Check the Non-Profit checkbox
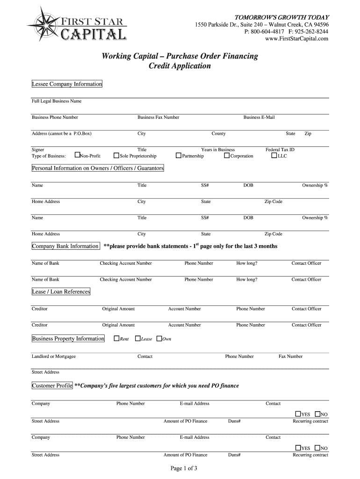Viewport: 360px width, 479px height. click(x=78, y=155)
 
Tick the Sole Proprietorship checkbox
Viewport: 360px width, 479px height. click(x=116, y=155)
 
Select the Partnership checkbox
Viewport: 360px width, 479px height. click(x=179, y=155)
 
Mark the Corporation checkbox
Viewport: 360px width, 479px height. click(x=227, y=155)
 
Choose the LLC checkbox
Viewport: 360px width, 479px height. click(x=274, y=155)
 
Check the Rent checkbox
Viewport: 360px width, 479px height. click(x=116, y=338)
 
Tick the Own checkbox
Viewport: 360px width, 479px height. click(x=159, y=338)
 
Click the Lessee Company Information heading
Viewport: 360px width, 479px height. click(x=66, y=84)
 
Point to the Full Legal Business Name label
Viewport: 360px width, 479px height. click(x=57, y=101)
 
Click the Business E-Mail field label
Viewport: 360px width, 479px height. click(x=259, y=117)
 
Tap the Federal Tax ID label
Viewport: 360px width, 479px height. click(x=280, y=150)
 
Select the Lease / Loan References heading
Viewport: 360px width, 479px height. click(x=61, y=291)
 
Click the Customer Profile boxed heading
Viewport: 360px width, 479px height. click(x=52, y=385)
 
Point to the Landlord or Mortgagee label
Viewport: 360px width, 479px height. click(x=54, y=356)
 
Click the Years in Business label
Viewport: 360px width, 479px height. click(x=218, y=150)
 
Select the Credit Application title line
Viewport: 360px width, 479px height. click(x=180, y=66)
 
